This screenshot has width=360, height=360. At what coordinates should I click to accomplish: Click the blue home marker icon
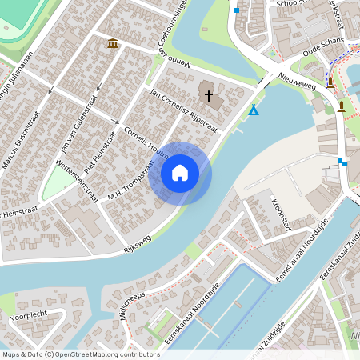180,173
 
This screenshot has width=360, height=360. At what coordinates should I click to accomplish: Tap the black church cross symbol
210,96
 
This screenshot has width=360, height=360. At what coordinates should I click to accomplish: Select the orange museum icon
112,42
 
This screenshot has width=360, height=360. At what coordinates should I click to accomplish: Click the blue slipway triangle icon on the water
254,110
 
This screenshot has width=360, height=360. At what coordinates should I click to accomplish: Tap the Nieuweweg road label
297,79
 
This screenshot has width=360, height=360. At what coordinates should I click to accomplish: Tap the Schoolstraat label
290,3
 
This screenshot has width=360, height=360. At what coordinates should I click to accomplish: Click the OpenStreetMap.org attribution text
109,354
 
